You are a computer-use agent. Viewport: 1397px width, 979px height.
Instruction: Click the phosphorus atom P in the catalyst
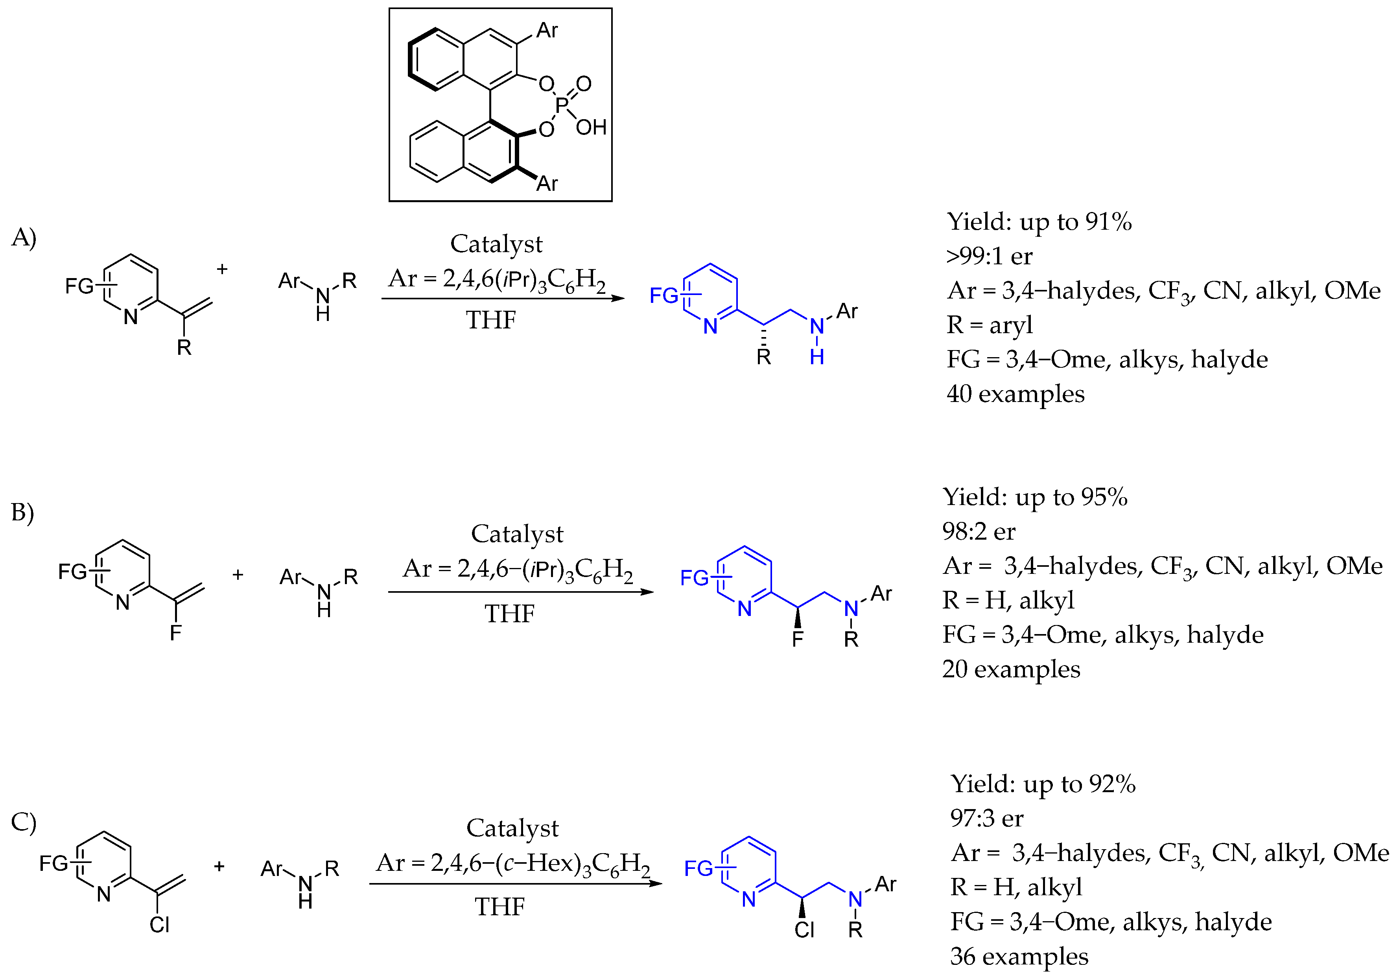tap(561, 105)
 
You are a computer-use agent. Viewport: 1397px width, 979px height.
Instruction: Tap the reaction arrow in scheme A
tap(503, 298)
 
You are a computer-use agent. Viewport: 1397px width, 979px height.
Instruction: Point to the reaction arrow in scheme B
tap(520, 592)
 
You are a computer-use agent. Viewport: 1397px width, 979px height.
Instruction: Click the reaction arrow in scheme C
tap(515, 883)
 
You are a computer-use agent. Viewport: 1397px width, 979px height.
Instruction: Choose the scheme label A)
tap(24, 237)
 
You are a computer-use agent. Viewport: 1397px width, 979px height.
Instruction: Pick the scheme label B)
tap(22, 513)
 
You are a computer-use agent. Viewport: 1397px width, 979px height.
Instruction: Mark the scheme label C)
tap(24, 822)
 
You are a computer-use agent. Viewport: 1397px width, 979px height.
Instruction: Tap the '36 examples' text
tap(1019, 957)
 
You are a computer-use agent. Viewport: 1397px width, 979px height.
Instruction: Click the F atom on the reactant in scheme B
tap(176, 633)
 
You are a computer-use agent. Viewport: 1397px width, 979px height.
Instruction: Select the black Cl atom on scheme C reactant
tap(159, 925)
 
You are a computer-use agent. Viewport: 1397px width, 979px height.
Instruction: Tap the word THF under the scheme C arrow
tap(499, 907)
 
